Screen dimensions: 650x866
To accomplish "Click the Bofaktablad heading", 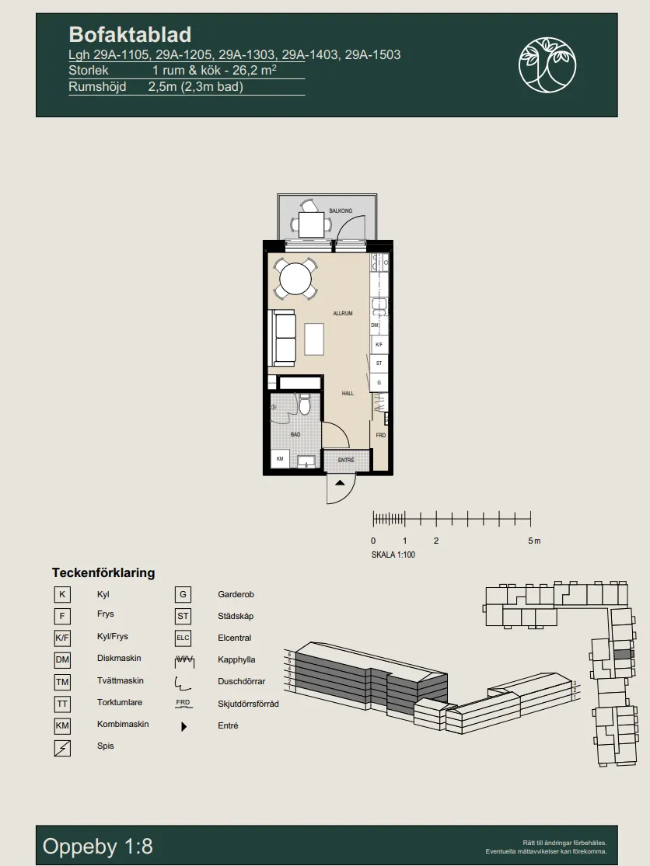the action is click(x=130, y=35).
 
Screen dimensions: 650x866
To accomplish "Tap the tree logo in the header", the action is click(x=547, y=64).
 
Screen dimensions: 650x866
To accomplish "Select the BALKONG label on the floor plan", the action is click(x=341, y=211).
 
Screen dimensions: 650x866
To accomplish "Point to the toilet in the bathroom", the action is click(x=304, y=405).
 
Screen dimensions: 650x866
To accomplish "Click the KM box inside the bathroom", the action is click(x=280, y=459).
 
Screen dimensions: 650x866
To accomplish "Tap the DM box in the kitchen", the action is click(x=375, y=325).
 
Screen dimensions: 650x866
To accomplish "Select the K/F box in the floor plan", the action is click(x=379, y=345).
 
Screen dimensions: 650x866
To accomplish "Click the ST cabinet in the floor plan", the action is click(x=379, y=363).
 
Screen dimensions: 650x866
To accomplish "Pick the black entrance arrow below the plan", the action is click(x=340, y=482).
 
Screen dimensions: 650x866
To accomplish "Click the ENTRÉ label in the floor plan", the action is click(x=346, y=460).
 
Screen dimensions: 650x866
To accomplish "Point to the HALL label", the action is click(x=348, y=393).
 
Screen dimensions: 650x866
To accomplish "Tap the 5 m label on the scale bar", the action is click(x=534, y=541).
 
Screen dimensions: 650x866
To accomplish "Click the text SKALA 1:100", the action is click(x=393, y=555).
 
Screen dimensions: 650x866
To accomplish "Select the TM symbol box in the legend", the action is click(x=62, y=682).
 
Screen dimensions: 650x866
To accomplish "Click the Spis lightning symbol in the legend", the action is click(x=62, y=748).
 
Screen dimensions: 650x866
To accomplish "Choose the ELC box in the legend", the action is click(x=183, y=638).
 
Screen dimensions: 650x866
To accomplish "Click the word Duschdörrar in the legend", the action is click(x=242, y=681).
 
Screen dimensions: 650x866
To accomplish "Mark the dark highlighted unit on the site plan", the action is click(x=623, y=654).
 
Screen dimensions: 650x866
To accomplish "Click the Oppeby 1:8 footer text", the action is click(x=98, y=846).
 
